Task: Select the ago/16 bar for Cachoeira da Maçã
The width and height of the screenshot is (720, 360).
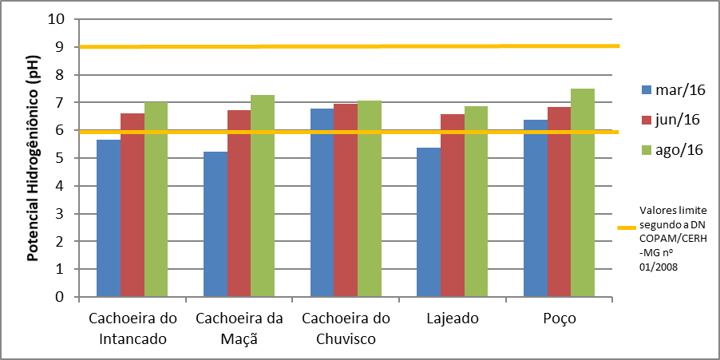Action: [263, 196]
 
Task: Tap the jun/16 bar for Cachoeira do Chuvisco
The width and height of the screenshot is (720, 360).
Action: [346, 200]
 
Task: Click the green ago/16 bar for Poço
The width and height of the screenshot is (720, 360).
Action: [583, 192]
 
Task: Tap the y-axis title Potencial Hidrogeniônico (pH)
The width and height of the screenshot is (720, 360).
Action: [34, 158]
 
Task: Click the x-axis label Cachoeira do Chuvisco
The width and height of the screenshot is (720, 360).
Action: [346, 328]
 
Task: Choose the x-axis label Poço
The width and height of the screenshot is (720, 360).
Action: [559, 318]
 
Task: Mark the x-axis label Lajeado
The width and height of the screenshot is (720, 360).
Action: [453, 318]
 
